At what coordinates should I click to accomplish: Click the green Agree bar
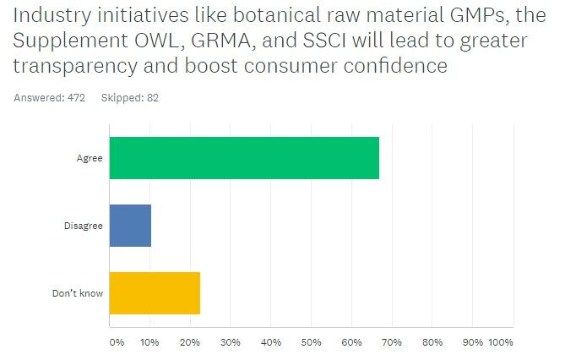coord(243,156)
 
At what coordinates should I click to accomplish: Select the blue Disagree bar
coord(130,226)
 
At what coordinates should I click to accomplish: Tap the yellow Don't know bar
coord(155,293)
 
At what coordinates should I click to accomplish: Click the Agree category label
coord(90,156)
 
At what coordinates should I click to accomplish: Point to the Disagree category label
coord(84,226)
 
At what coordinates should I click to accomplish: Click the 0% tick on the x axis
coord(117,342)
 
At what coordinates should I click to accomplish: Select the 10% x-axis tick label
coord(149,342)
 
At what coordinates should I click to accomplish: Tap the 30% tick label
coord(231,342)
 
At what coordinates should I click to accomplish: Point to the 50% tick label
coord(312,342)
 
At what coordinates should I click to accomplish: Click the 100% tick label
coord(500,342)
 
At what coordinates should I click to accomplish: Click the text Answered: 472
coord(50,97)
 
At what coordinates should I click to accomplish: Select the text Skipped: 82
coord(130,97)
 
